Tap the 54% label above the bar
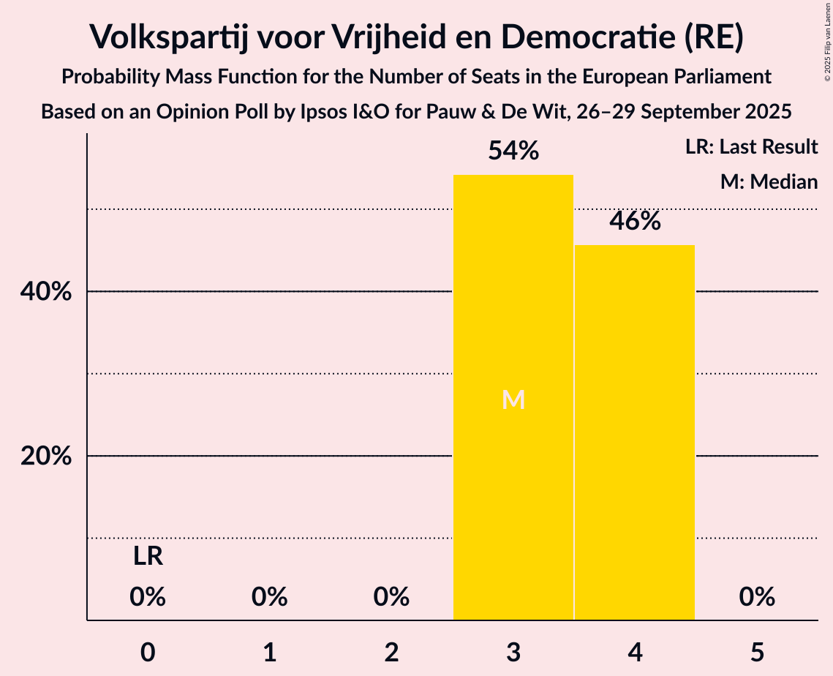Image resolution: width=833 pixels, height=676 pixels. [x=513, y=151]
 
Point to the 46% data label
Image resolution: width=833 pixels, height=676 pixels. [x=634, y=221]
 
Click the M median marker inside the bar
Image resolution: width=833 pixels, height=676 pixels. [x=513, y=400]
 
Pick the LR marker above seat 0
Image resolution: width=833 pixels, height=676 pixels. [x=148, y=557]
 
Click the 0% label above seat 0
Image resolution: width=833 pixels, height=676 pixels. [x=148, y=597]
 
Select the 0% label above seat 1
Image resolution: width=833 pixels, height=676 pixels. [x=269, y=597]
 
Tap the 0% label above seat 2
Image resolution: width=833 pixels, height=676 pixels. [x=391, y=597]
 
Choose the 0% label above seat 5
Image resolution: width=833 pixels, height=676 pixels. [x=756, y=597]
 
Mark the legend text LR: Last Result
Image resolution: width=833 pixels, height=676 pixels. [x=751, y=147]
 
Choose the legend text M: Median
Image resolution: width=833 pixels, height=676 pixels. [x=769, y=181]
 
